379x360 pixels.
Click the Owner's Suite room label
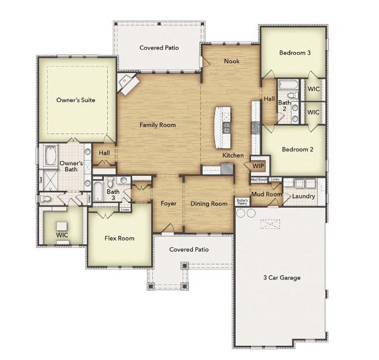75,100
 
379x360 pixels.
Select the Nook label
232,61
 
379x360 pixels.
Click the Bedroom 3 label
294,53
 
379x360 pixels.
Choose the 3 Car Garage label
281,277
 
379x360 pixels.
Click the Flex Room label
119,238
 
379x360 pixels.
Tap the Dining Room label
208,204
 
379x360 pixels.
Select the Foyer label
169,204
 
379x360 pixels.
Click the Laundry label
304,196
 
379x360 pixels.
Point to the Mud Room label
266,194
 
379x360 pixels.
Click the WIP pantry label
258,166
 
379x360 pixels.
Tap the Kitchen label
233,155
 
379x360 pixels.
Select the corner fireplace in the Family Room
127,83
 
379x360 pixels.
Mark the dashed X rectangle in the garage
270,224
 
